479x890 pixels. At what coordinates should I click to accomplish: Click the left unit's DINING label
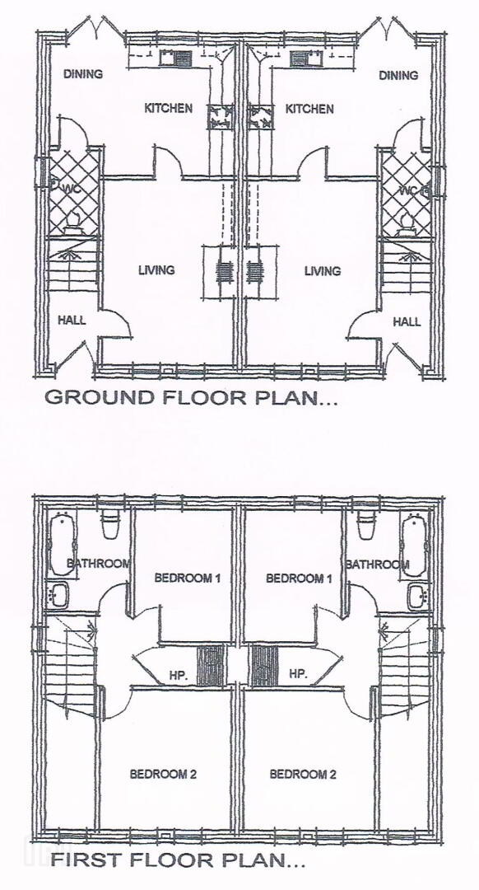tap(83, 74)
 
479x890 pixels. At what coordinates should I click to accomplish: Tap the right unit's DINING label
tap(398, 75)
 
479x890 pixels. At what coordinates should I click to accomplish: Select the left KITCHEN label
tap(169, 108)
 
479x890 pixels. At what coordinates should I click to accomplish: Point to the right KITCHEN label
tap(309, 109)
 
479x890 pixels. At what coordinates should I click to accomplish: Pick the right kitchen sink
tap(306, 58)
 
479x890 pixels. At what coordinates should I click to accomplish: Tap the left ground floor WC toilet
tap(72, 222)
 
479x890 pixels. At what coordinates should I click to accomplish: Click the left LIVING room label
tap(156, 270)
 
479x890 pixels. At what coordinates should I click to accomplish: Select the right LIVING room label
tap(323, 271)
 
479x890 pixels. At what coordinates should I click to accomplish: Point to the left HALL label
tap(72, 320)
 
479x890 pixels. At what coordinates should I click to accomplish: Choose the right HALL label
tap(407, 322)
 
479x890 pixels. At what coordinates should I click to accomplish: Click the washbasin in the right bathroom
tap(418, 597)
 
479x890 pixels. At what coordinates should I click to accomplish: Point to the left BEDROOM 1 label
tap(179, 578)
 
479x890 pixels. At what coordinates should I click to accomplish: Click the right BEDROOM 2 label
tap(303, 774)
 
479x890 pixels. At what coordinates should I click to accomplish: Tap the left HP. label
tap(177, 675)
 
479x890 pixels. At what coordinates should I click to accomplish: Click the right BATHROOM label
tap(377, 564)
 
